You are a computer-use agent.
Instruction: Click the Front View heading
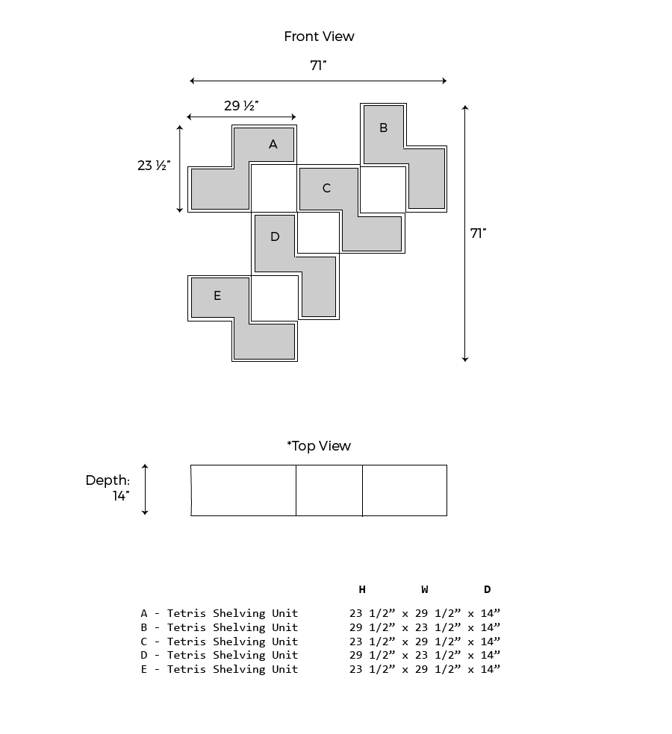pyautogui.click(x=319, y=37)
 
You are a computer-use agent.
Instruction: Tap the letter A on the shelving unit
pyautogui.click(x=273, y=144)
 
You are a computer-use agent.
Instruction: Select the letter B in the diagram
pyautogui.click(x=383, y=128)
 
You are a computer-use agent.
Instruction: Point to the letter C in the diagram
pyautogui.click(x=326, y=188)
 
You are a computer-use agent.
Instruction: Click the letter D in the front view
pyautogui.click(x=275, y=236)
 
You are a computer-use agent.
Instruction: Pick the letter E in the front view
pyautogui.click(x=217, y=295)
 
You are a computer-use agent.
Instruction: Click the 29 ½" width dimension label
pyautogui.click(x=241, y=106)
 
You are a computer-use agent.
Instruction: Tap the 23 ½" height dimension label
pyautogui.click(x=154, y=166)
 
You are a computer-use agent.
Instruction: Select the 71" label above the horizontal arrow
pyautogui.click(x=318, y=66)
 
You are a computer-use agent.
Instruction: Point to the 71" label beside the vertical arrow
pyautogui.click(x=478, y=233)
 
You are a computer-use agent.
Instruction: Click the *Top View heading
pyautogui.click(x=319, y=445)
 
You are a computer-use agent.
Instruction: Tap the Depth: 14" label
pyautogui.click(x=108, y=488)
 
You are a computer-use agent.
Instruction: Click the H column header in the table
pyautogui.click(x=362, y=589)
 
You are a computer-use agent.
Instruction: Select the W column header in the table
pyautogui.click(x=425, y=589)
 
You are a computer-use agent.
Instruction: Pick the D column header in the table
pyautogui.click(x=488, y=589)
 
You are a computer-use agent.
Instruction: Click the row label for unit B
pyautogui.click(x=220, y=627)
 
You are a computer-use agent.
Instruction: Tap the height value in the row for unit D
pyautogui.click(x=372, y=655)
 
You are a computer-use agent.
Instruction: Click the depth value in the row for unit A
pyautogui.click(x=490, y=613)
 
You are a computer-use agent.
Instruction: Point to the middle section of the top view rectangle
pyautogui.click(x=329, y=491)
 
